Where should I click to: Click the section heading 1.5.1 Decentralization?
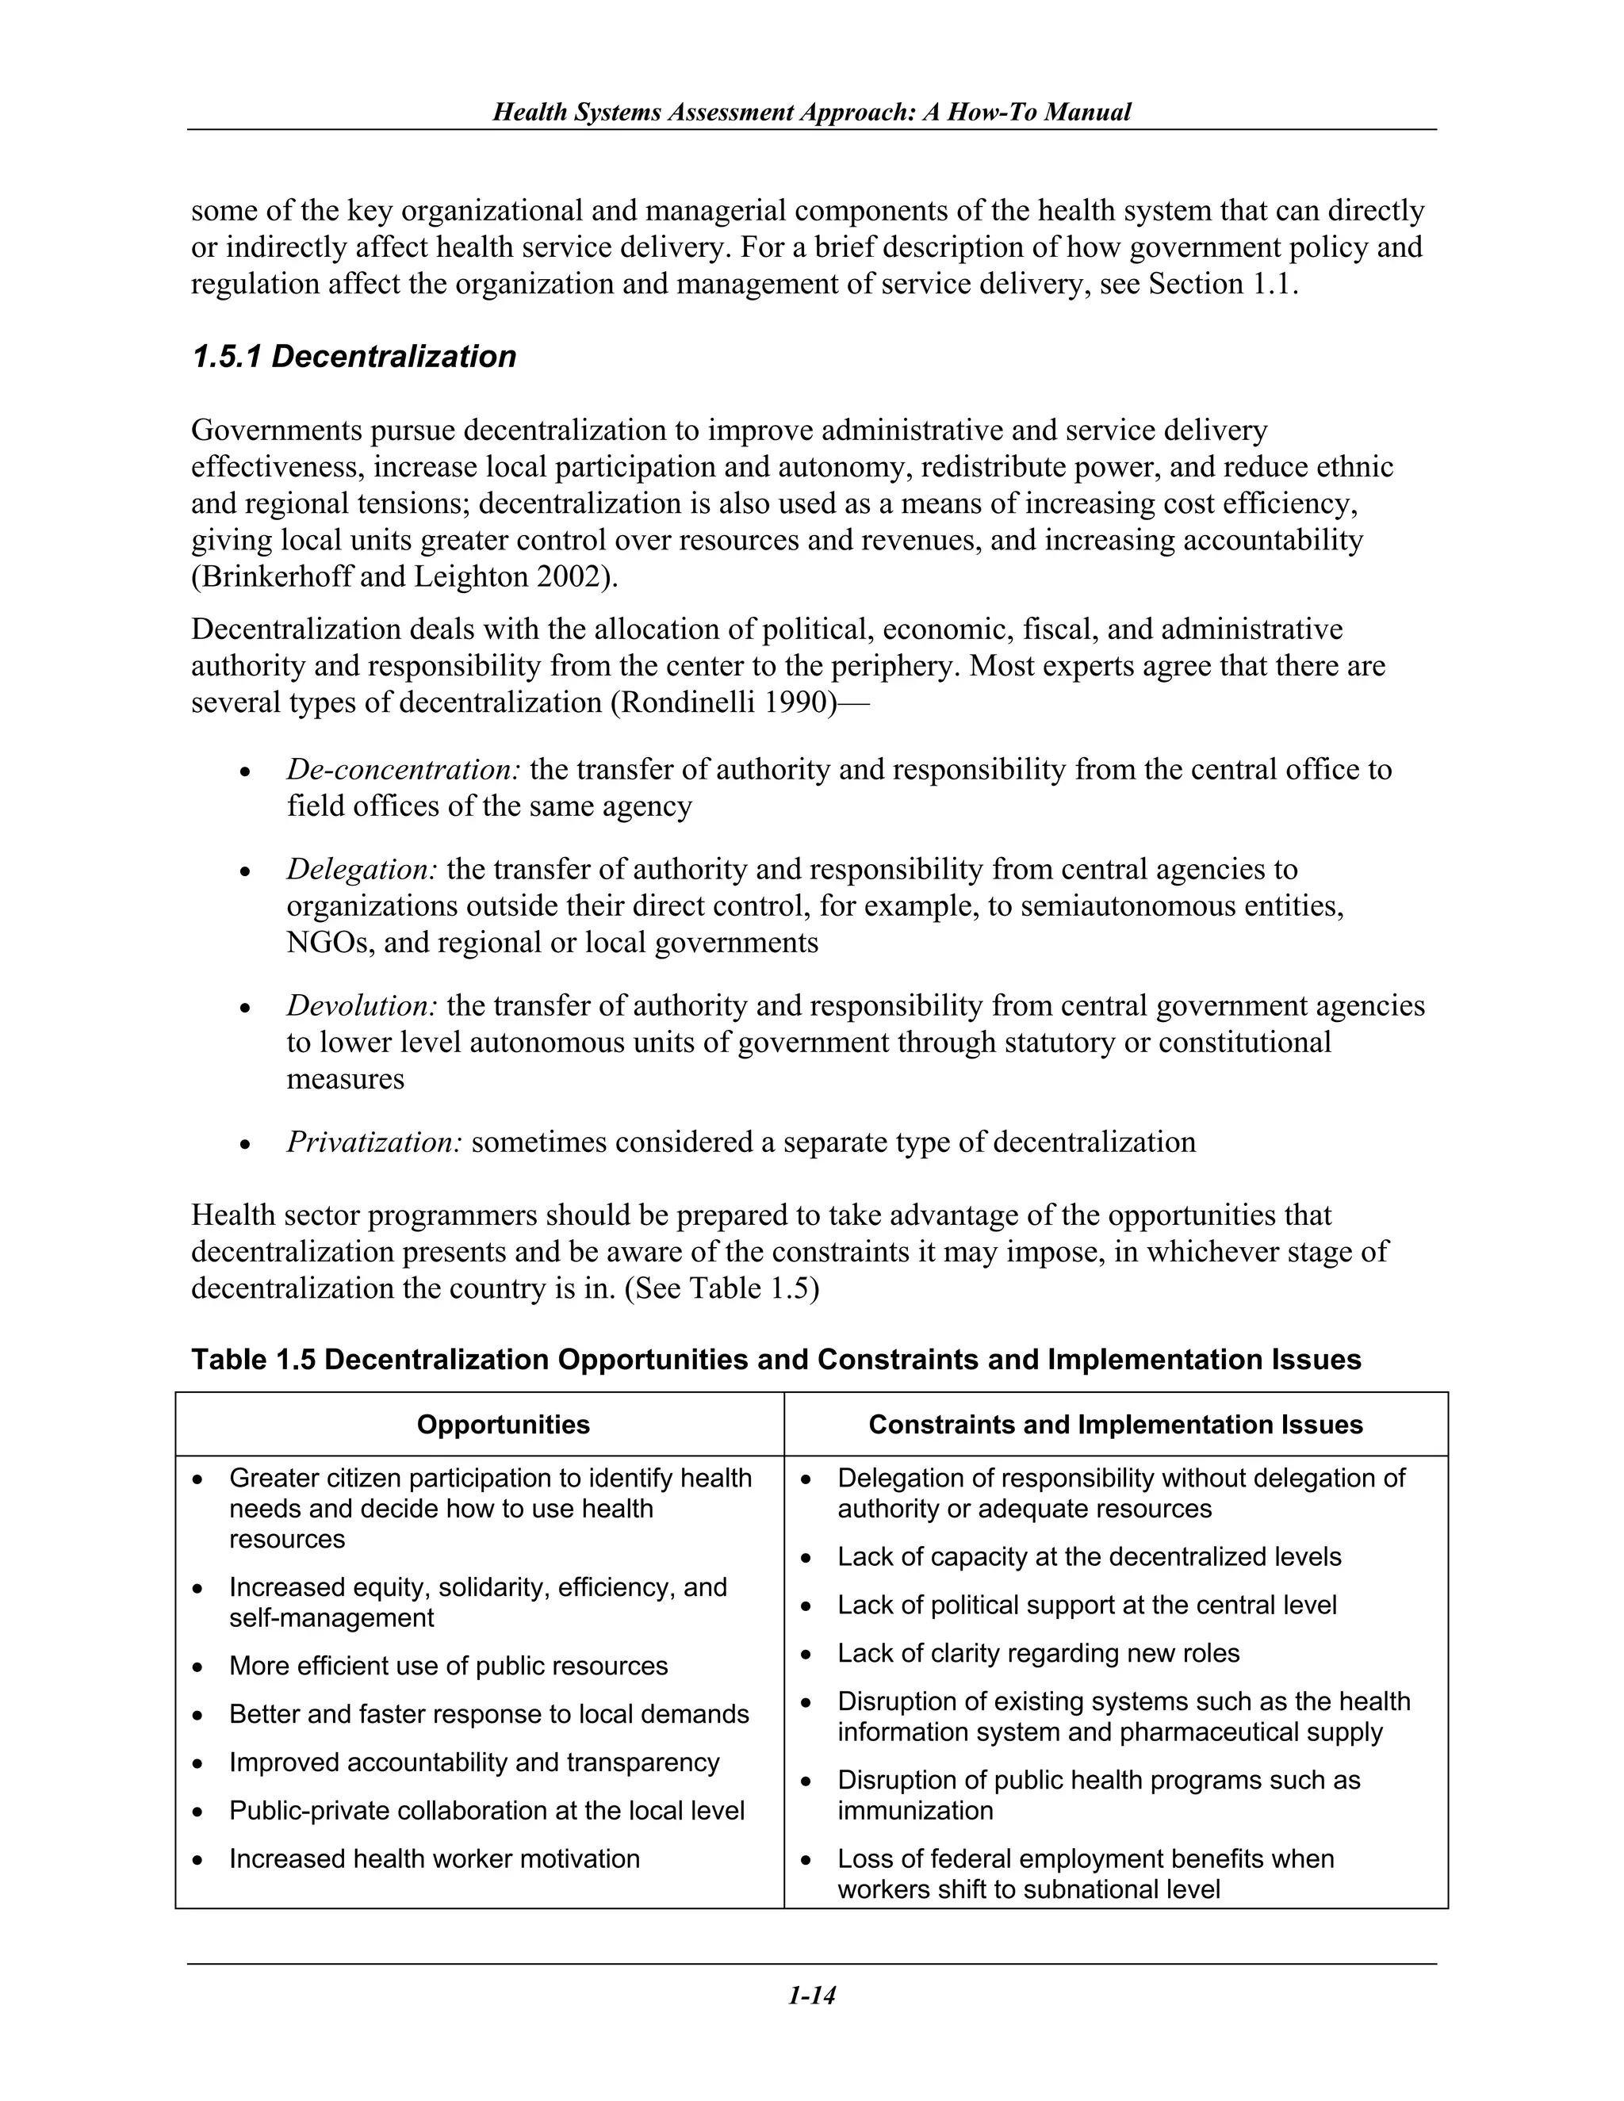[x=353, y=357]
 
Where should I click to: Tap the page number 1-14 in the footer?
[x=811, y=1996]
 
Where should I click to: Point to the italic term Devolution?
[x=362, y=1006]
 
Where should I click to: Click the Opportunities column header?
[x=504, y=1425]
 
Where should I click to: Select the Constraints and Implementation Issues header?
[x=1115, y=1425]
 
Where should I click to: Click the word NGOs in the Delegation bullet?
[x=330, y=943]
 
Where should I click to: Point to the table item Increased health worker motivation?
[x=434, y=1859]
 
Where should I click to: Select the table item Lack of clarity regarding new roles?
[x=1038, y=1654]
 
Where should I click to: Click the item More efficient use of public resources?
[x=448, y=1667]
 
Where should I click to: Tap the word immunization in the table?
[x=915, y=1811]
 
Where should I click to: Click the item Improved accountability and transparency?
[x=474, y=1762]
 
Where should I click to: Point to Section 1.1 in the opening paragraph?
[x=1222, y=285]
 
